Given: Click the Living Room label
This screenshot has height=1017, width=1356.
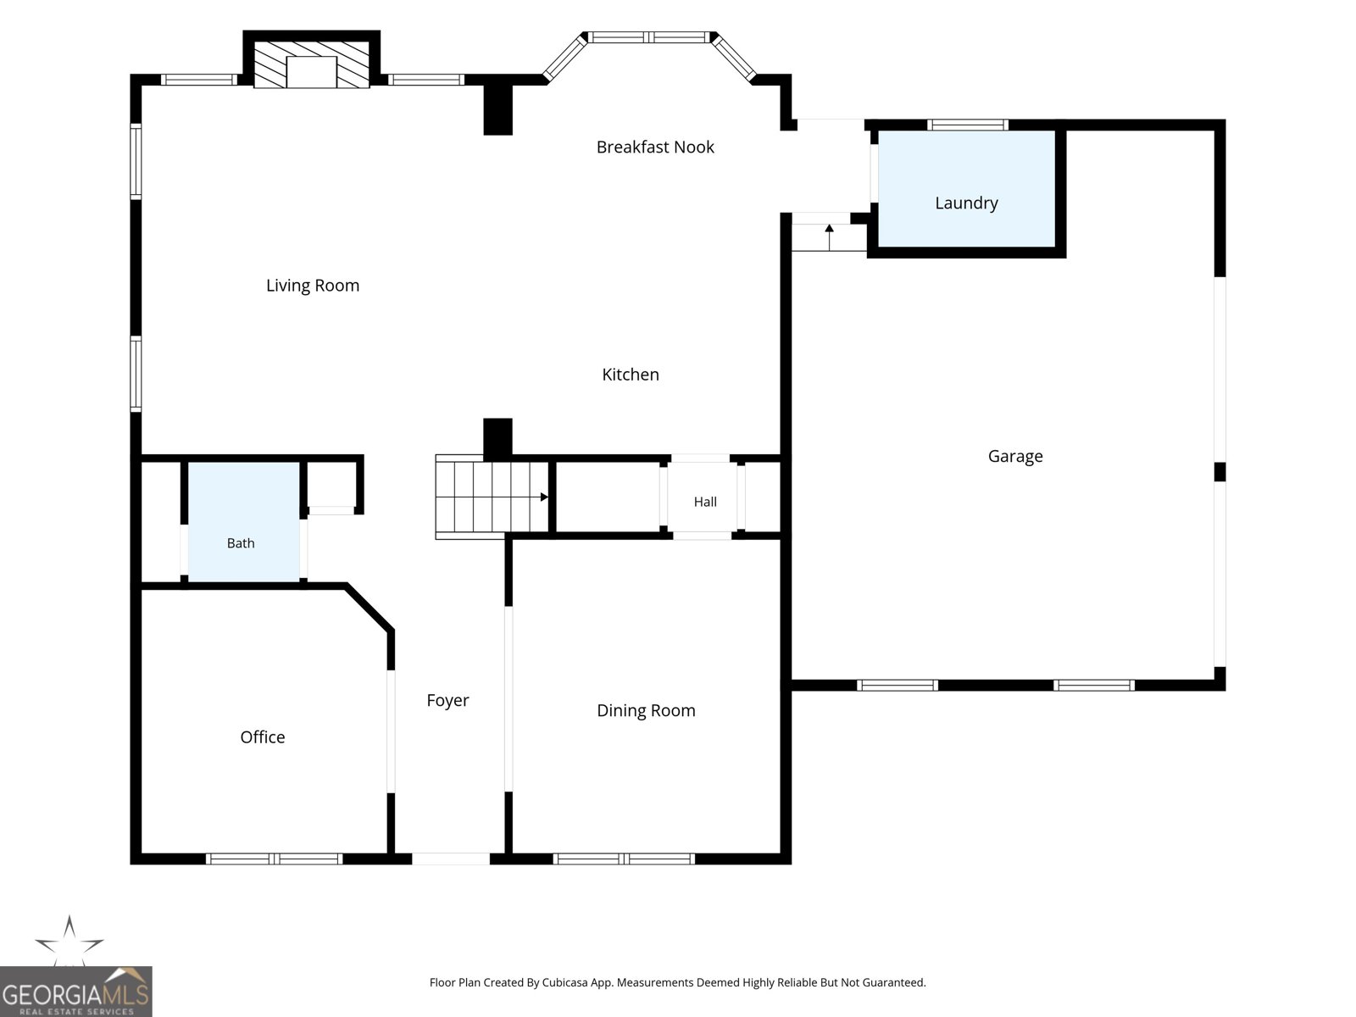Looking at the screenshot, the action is coord(313,286).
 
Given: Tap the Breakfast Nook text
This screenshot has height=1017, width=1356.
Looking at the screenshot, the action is coord(655,147).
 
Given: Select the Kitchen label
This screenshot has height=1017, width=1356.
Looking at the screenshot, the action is coord(631,375).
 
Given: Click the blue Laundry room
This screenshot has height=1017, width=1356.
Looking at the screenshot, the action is coord(966,188).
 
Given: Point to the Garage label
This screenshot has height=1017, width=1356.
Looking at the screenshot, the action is coord(1015,456).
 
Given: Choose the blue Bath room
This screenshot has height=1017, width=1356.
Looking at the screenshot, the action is coord(243,522).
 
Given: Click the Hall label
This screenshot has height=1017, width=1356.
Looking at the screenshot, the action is coord(705,502).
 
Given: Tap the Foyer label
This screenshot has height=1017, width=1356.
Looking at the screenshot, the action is coord(447,700).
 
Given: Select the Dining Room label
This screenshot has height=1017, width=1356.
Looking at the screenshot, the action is coord(646,710).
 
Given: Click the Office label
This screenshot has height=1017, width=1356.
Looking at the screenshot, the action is coord(262,736).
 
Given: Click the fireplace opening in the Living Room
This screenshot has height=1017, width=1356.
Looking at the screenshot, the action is coord(311,72).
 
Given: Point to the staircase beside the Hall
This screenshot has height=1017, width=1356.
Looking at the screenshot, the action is coord(492,497).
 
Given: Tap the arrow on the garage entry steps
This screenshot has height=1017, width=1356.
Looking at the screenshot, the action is coord(829,237).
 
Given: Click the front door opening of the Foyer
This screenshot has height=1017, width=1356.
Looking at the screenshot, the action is coord(450,859).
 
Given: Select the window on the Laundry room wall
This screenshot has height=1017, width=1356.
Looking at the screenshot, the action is coord(968,125).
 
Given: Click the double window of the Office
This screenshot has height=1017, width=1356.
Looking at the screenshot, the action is coord(274,859).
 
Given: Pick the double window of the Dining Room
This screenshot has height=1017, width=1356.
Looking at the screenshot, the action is coord(624,859).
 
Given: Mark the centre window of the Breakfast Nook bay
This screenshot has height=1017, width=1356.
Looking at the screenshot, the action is coord(648,37).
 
